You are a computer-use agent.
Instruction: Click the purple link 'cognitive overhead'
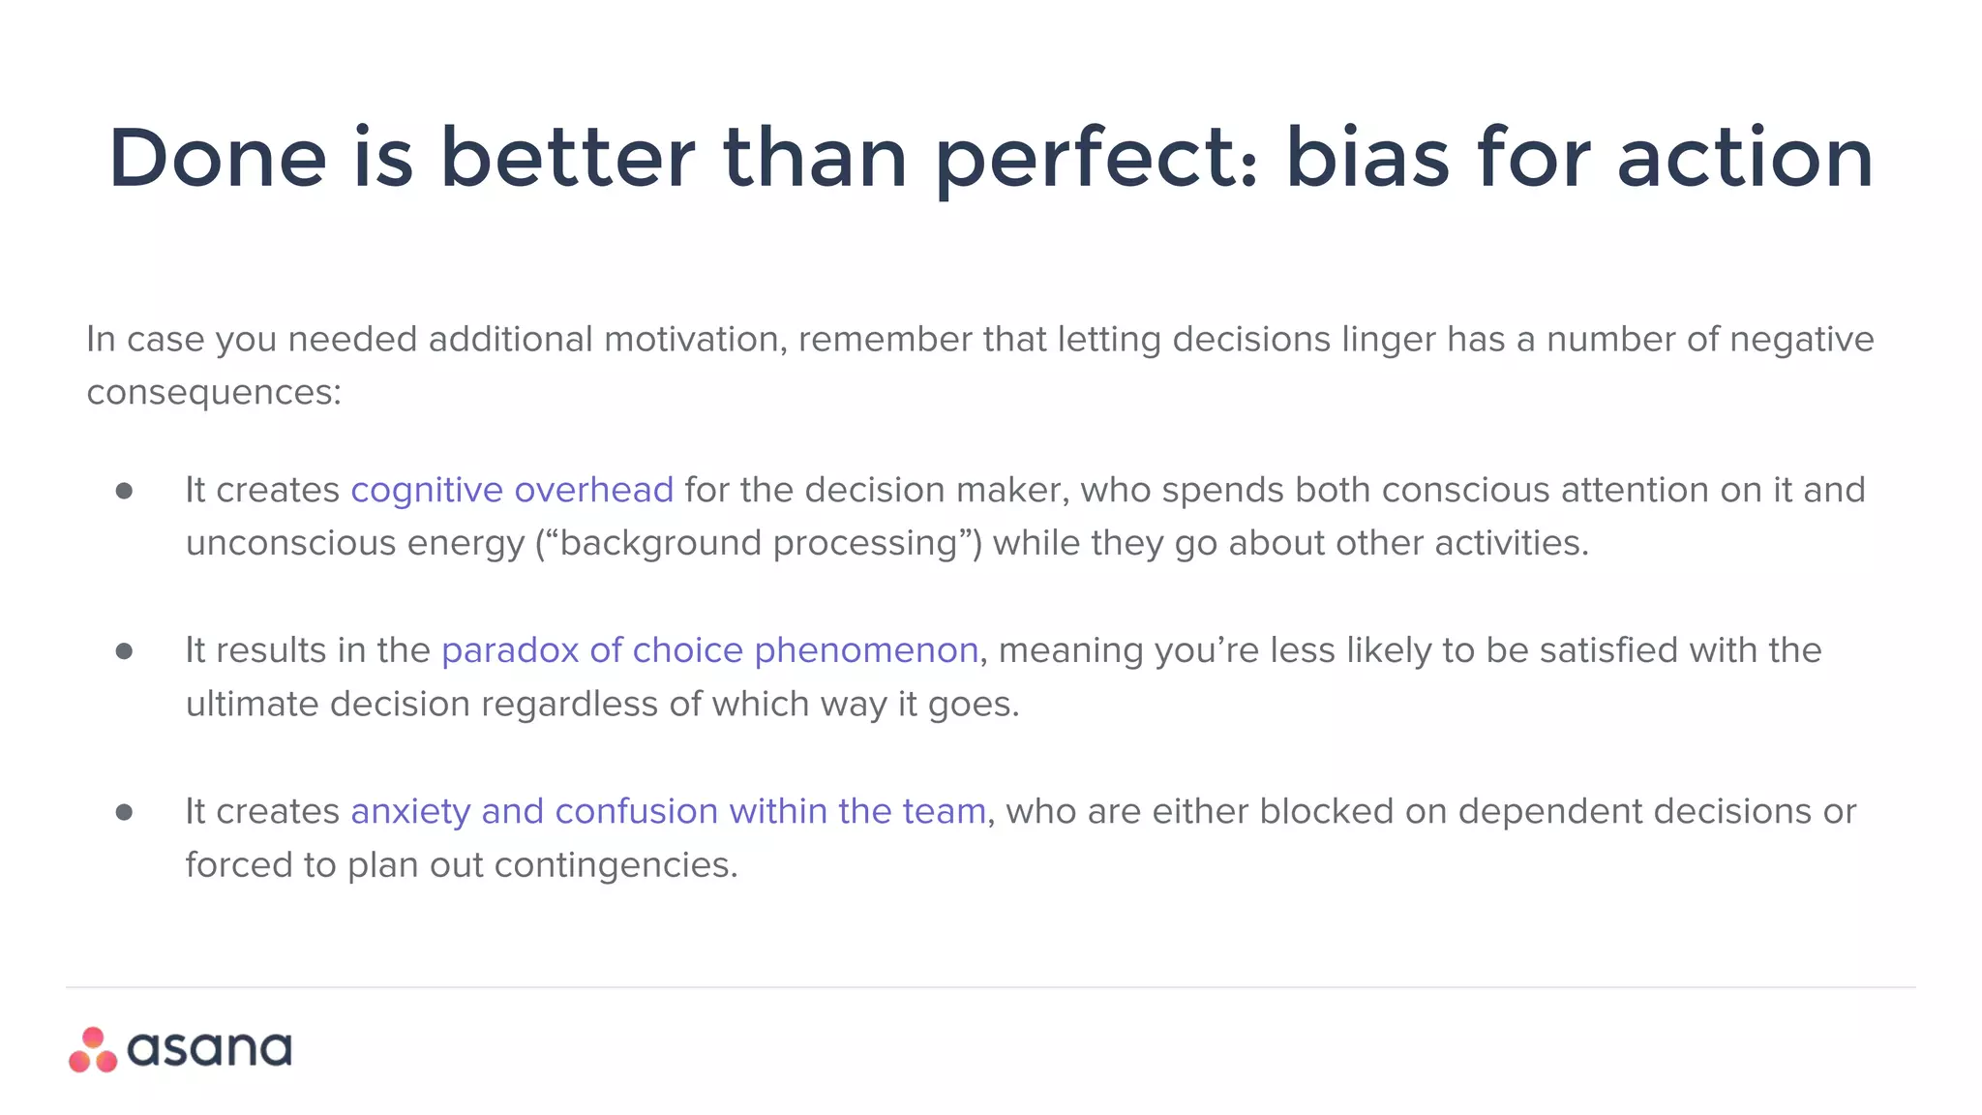point(511,491)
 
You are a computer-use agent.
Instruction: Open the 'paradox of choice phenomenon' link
point(709,651)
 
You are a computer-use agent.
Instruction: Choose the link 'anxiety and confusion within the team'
point(668,812)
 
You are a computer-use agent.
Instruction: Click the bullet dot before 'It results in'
point(124,651)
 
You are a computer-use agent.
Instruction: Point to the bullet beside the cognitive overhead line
point(124,491)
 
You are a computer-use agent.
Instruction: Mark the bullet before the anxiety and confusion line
point(124,812)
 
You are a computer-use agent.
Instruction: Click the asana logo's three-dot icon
point(93,1050)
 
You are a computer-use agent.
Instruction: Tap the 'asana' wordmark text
point(209,1050)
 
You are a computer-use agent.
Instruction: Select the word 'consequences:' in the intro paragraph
point(214,393)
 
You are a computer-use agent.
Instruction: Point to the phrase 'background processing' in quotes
point(758,544)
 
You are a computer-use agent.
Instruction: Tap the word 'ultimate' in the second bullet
point(252,705)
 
